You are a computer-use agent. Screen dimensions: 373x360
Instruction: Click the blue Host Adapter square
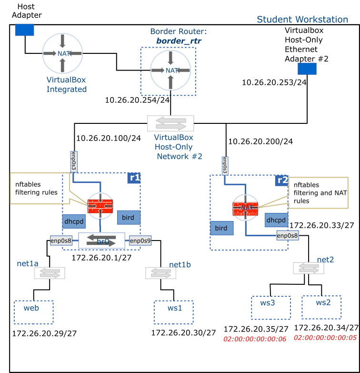pos(24,30)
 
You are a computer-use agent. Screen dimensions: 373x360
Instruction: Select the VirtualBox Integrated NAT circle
pos(62,53)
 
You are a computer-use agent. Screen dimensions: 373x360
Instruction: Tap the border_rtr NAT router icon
pos(170,71)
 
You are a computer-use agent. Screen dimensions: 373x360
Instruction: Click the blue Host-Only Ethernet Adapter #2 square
pos(307,69)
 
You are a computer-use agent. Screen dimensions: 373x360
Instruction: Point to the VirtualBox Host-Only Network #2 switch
pos(170,123)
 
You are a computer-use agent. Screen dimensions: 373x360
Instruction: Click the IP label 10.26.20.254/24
pos(137,100)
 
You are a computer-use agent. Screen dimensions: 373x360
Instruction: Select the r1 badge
pos(134,178)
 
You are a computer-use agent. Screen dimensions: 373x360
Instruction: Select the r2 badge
pos(281,181)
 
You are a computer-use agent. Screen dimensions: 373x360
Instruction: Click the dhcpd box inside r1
pos(74,222)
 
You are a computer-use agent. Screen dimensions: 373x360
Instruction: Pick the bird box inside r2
pos(221,228)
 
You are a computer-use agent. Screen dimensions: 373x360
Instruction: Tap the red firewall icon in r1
pos(100,206)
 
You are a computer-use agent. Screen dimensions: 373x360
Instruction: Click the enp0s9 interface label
pos(140,241)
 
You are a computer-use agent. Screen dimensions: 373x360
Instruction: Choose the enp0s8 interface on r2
pos(288,235)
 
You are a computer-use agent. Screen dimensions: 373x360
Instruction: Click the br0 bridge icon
pos(101,241)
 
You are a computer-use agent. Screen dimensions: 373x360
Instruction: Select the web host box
pos(33,312)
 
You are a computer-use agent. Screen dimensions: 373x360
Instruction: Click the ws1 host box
pos(174,312)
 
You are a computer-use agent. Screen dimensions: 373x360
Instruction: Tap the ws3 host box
pos(270,308)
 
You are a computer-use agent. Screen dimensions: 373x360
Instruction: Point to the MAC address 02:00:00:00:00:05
pos(325,337)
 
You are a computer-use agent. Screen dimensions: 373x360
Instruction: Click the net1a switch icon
pos(50,273)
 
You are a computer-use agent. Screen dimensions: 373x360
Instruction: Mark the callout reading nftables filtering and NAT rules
pos(318,193)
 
